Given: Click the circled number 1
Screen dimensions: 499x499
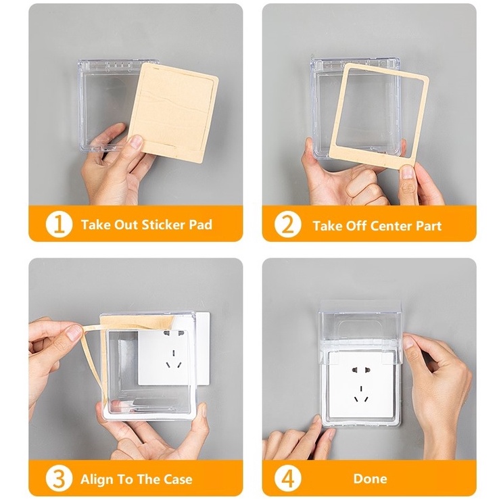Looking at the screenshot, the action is pyautogui.click(x=59, y=224).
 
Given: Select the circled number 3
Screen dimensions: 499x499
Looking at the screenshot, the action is pyautogui.click(x=59, y=479).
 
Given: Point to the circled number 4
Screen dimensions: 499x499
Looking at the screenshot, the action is pyautogui.click(x=287, y=479).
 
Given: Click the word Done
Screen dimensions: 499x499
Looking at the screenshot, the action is pyautogui.click(x=370, y=479).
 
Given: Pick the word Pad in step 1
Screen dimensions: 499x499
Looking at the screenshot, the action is pyautogui.click(x=201, y=224).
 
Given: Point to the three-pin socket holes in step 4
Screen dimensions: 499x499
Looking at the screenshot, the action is pyautogui.click(x=361, y=394).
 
